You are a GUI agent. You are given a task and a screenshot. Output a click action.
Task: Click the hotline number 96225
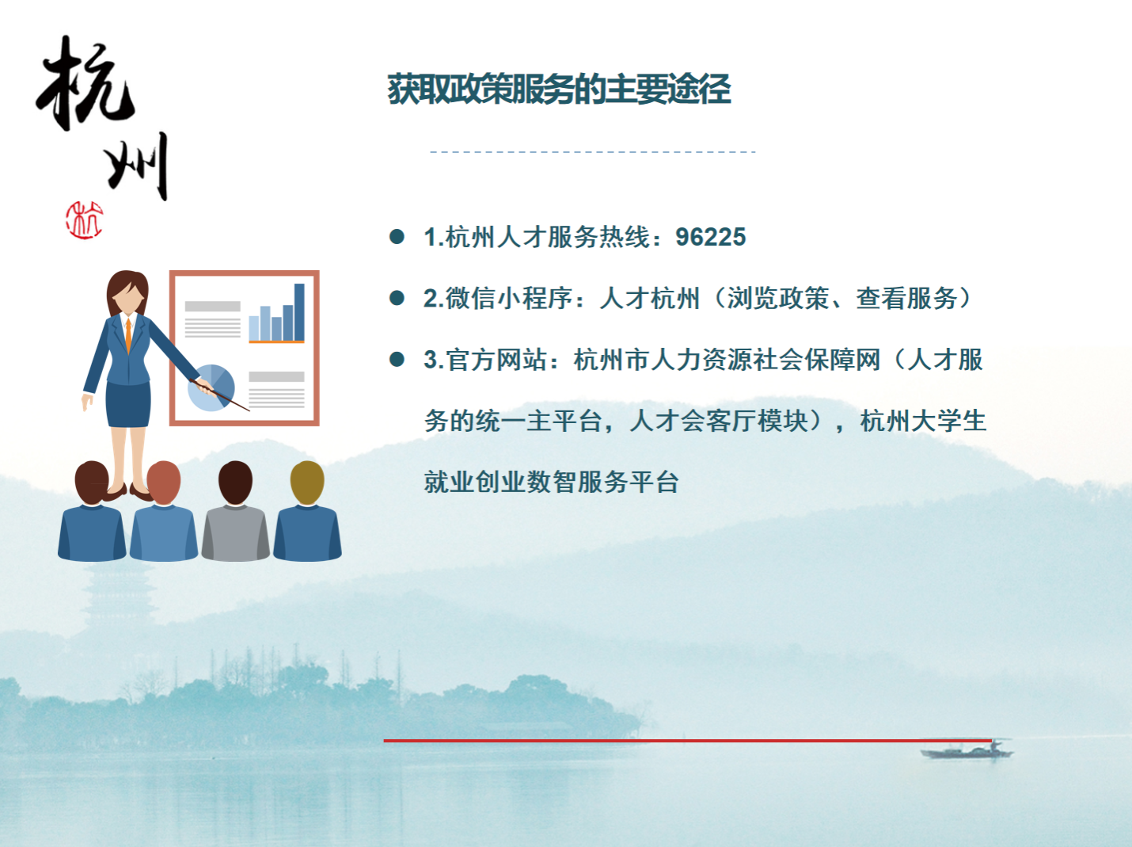(x=710, y=238)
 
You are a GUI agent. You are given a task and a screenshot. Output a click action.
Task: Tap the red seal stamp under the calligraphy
(x=84, y=220)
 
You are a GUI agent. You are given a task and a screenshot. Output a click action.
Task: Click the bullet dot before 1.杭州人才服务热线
(x=397, y=237)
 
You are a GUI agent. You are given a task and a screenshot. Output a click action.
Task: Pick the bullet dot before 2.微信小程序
(x=397, y=298)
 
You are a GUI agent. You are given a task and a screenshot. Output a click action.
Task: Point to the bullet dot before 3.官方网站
(x=397, y=359)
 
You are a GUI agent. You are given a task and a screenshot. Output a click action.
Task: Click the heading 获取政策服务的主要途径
(x=559, y=90)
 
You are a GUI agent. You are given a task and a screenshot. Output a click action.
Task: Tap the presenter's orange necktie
(x=128, y=335)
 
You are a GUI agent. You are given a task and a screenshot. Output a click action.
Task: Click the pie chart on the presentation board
(x=211, y=387)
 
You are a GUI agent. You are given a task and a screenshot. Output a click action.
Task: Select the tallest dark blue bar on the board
(x=299, y=311)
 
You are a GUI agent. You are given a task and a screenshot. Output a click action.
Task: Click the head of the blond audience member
(x=307, y=482)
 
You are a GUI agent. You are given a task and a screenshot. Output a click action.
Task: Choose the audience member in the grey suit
(x=235, y=511)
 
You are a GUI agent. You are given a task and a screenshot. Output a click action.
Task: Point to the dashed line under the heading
(x=593, y=152)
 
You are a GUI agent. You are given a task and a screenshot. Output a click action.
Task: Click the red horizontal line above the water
(x=687, y=741)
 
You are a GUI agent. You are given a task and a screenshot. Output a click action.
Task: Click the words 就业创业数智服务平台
(x=551, y=482)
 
